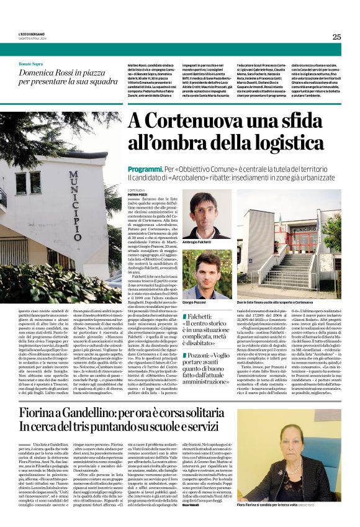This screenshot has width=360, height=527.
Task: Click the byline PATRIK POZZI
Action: (x=137, y=194)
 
